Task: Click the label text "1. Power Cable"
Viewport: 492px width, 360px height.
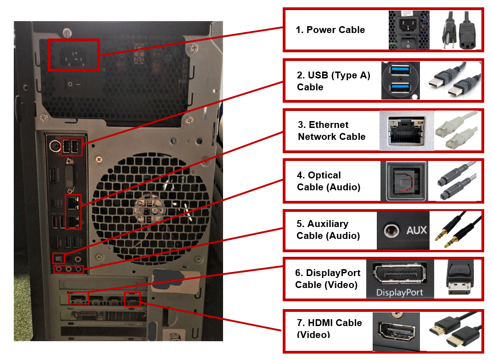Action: click(330, 30)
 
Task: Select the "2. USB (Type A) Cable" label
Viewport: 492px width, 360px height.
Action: click(333, 81)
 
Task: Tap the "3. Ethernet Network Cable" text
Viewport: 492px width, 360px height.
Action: click(331, 131)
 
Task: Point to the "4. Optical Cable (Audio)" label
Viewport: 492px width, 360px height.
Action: click(328, 181)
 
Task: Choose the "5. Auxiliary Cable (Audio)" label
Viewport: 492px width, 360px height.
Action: click(328, 230)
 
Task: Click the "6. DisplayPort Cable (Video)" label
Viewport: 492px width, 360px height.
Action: click(328, 279)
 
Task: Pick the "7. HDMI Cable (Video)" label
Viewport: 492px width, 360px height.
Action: click(329, 328)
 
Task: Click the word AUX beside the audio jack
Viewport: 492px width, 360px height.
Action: click(416, 230)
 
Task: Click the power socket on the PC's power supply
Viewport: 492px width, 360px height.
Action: click(73, 55)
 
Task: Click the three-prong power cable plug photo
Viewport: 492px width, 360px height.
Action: click(458, 31)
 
